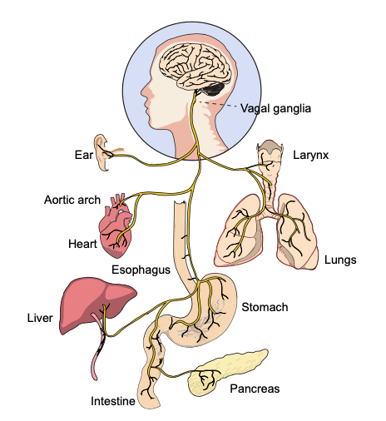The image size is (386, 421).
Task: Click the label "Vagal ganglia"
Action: click(x=275, y=108)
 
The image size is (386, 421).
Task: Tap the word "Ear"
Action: click(x=84, y=155)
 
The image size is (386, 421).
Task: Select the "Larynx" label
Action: click(x=310, y=155)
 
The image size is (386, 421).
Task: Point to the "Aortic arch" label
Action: click(x=72, y=200)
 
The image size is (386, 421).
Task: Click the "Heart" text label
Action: click(x=82, y=244)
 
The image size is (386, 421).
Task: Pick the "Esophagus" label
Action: click(x=141, y=270)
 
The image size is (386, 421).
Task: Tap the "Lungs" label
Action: click(x=340, y=260)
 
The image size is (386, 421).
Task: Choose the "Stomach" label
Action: click(x=265, y=307)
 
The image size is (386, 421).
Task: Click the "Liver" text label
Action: click(x=40, y=318)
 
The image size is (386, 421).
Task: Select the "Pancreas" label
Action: click(x=255, y=389)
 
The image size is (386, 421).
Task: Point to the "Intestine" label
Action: click(x=113, y=401)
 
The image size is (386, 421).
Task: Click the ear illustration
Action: click(x=102, y=152)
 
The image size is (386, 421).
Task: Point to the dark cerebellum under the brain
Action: click(x=213, y=89)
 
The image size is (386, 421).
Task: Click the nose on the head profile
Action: click(x=144, y=91)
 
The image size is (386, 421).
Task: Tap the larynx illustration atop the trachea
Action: click(x=270, y=156)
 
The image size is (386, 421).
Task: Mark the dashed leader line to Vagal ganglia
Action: click(x=217, y=104)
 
